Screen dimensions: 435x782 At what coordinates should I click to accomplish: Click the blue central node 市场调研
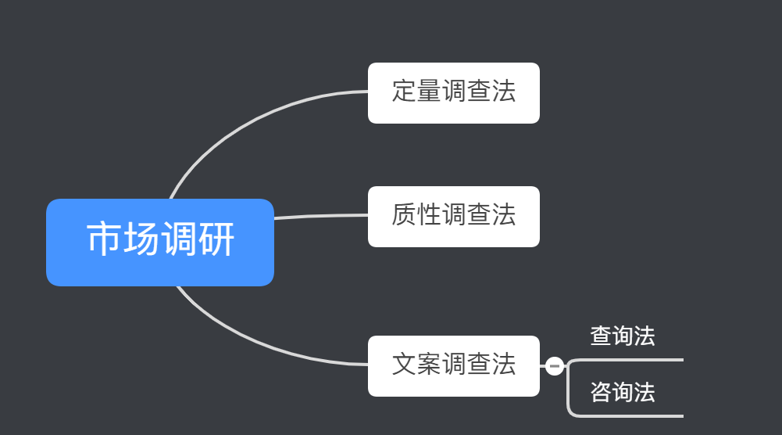(159, 242)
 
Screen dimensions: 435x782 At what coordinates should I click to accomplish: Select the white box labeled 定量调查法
(453, 92)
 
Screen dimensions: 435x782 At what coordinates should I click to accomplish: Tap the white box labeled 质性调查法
(453, 216)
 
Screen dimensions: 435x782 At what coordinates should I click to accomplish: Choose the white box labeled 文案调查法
(453, 365)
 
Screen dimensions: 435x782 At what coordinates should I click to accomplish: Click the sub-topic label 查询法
(622, 336)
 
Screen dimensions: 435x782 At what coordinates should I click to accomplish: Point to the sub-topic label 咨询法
(622, 392)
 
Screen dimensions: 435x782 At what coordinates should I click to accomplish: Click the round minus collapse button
(555, 365)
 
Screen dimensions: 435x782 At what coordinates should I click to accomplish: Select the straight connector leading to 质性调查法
(320, 216)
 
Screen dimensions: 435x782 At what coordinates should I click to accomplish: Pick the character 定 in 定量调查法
(404, 92)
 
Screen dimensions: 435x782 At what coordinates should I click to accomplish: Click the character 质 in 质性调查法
(404, 214)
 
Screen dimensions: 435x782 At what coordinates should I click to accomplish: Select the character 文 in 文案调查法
(404, 364)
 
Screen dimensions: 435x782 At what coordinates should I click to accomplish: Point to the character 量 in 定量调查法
(429, 92)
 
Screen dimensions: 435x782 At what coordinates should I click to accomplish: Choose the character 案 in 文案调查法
(429, 364)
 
